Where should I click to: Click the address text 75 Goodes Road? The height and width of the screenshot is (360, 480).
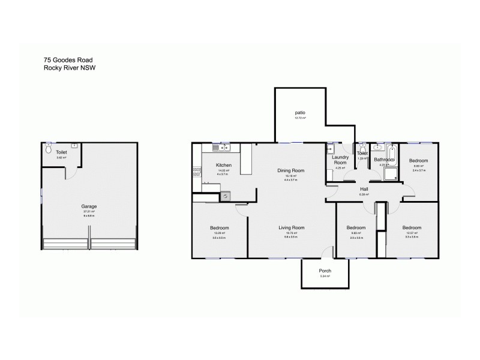(x=67, y=59)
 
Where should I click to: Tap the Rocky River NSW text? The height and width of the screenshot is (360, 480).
(x=70, y=68)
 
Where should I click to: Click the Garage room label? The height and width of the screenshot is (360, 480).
(x=90, y=206)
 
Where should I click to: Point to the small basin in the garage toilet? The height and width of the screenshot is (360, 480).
(x=74, y=145)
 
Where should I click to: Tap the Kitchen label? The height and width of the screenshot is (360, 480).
(x=224, y=164)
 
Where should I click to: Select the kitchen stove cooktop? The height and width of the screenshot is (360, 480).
(x=196, y=171)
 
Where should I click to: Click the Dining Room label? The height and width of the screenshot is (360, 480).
(x=290, y=170)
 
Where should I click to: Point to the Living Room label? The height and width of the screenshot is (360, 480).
(x=290, y=227)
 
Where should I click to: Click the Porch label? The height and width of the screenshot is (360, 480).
(x=325, y=271)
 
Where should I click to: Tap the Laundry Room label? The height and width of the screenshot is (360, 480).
(x=340, y=160)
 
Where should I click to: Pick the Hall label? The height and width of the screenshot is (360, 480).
(x=363, y=188)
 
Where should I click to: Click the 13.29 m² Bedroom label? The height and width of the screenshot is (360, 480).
(x=220, y=227)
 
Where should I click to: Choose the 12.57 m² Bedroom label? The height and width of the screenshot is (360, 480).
(x=412, y=227)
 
